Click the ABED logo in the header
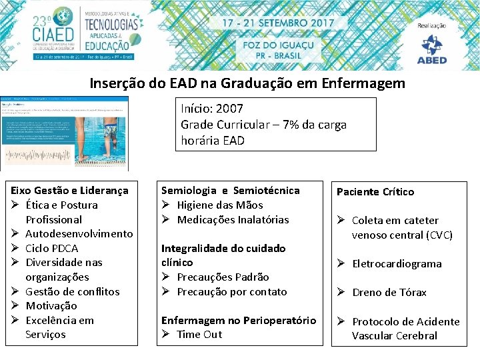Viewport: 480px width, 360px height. [x=432, y=49]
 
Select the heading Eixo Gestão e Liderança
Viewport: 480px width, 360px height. [x=70, y=191]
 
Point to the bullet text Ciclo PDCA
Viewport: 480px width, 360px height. [x=51, y=248]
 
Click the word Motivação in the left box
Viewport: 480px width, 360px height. [x=51, y=305]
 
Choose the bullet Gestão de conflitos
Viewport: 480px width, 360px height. [x=72, y=291]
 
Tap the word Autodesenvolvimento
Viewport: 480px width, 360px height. [x=79, y=233]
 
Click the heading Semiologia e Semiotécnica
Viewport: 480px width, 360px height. [x=231, y=191]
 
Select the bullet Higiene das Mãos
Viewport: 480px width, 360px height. [x=220, y=205]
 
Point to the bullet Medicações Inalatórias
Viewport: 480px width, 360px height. [x=233, y=219]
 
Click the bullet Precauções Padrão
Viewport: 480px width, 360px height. [x=223, y=277]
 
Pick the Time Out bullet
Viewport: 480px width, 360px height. [x=199, y=334]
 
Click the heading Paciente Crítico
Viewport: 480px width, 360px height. [x=375, y=192]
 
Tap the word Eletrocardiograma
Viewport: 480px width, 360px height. [x=397, y=263]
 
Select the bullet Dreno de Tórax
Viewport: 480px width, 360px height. [x=389, y=292]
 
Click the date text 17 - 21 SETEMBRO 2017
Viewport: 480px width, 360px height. [x=277, y=22]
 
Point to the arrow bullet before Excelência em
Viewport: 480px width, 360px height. [x=15, y=320]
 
